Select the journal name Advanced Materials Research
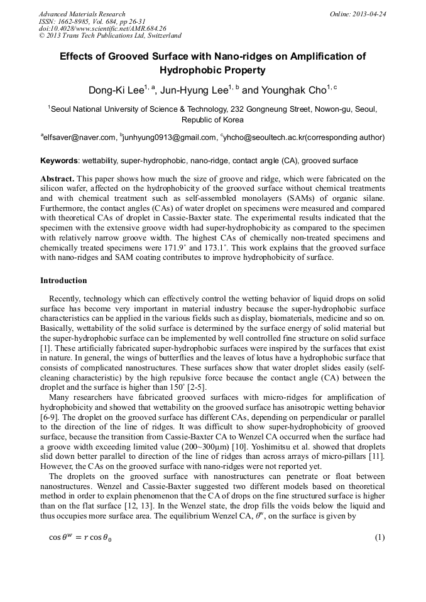(x=82, y=14)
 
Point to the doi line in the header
(x=102, y=28)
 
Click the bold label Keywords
(x=59, y=161)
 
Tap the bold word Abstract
(x=57, y=178)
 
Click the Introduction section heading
(x=63, y=280)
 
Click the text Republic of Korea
(x=212, y=119)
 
